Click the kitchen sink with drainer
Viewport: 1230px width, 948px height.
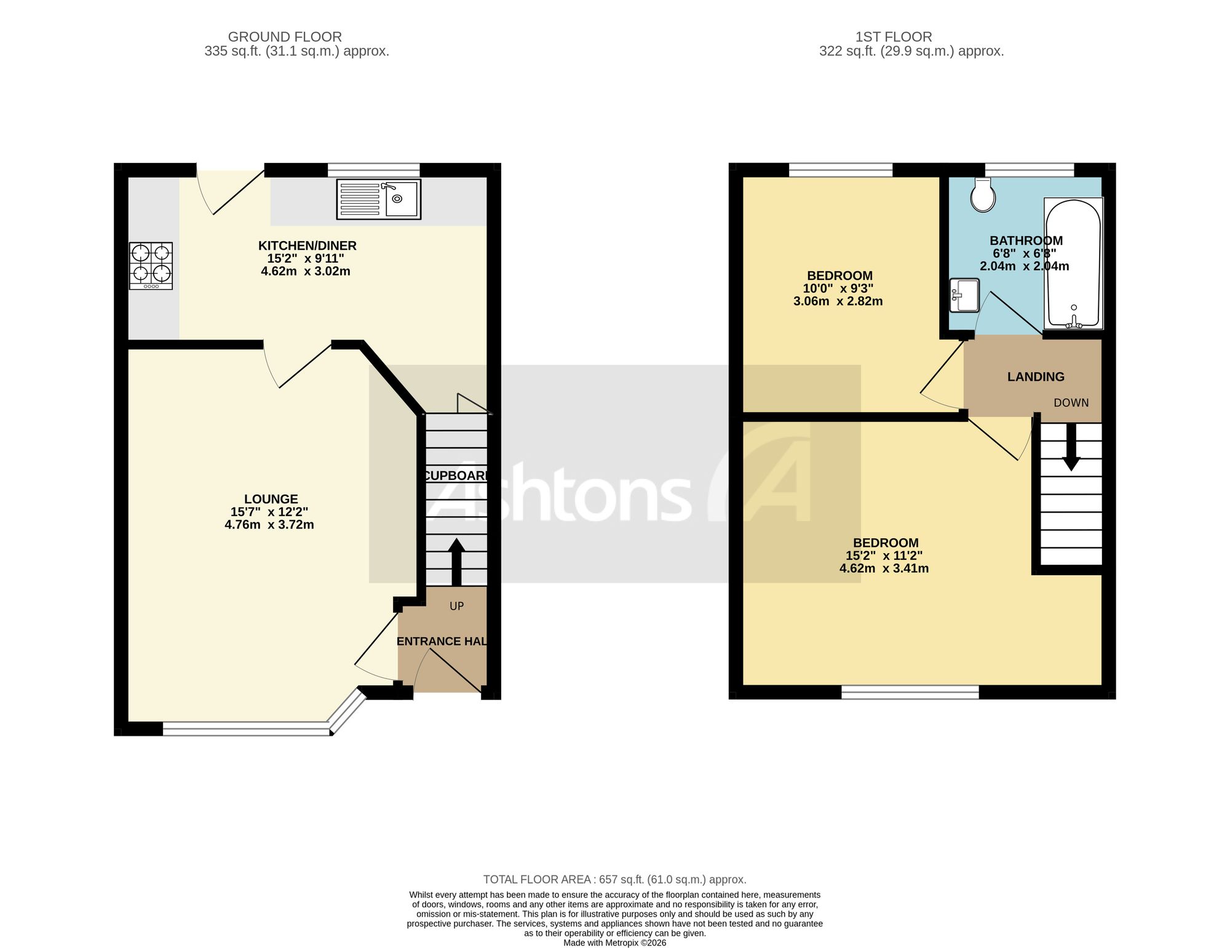(378, 199)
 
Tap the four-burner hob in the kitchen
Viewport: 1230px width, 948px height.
(151, 266)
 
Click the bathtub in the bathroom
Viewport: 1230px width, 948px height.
(1073, 263)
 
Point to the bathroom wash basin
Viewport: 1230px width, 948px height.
(964, 295)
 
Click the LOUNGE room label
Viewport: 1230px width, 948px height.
(271, 499)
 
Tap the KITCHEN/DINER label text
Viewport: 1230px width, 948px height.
(307, 245)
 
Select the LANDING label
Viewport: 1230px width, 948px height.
(1036, 376)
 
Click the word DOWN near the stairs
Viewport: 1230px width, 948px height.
(1071, 403)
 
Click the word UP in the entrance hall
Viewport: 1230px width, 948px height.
(456, 606)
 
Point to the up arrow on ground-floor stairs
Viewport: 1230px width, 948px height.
(456, 562)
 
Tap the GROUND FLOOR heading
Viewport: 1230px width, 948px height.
(285, 37)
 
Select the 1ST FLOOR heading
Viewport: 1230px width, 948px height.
(894, 37)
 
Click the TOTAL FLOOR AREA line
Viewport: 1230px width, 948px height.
(615, 880)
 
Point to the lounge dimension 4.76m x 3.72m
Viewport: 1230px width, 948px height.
(269, 525)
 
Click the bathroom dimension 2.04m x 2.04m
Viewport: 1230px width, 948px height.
(1025, 266)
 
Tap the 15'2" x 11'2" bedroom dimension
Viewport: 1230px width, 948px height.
(884, 556)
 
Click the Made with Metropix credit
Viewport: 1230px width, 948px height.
(615, 942)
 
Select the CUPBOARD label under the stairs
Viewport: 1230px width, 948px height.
(456, 476)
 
